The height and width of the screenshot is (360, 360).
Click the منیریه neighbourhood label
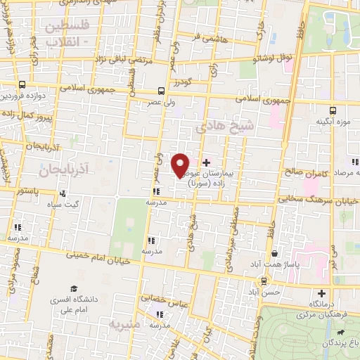pos(125,324)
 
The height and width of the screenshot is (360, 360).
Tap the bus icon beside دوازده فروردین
pos(24,83)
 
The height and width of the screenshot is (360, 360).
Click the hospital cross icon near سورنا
pos(205,162)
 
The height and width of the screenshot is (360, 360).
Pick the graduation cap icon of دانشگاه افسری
pos(74,289)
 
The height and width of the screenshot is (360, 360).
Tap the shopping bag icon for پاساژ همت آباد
pos(274,255)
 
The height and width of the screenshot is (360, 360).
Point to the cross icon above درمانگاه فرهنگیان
pos(322,293)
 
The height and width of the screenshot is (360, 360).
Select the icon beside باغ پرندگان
pos(340,332)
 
